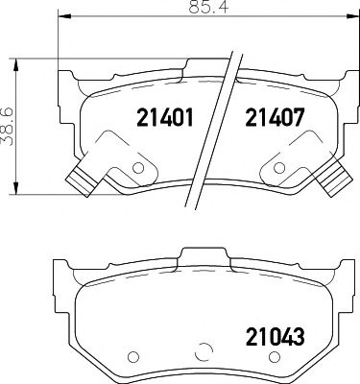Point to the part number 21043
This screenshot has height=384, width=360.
277,337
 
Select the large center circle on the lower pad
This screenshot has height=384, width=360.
203,351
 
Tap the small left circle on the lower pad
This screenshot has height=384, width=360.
132,357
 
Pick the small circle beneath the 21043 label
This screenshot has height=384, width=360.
274,357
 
